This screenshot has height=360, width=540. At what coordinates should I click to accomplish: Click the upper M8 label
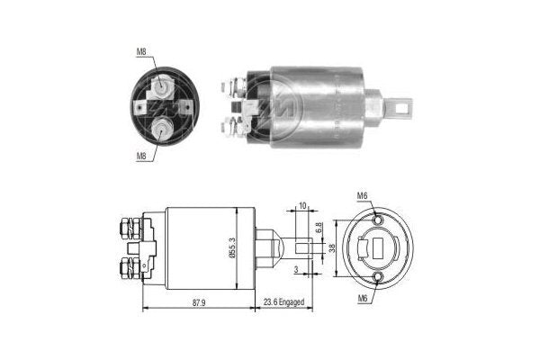pyautogui.click(x=141, y=51)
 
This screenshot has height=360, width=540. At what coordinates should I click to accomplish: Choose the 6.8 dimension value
pyautogui.click(x=320, y=230)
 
